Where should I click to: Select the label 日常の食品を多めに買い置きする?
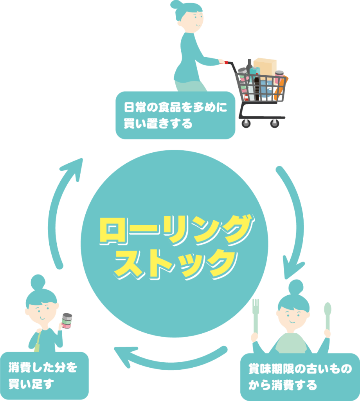pyautogui.click(x=175, y=116)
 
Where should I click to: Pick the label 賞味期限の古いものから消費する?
pyautogui.click(x=300, y=377)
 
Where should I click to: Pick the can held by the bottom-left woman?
pyautogui.click(x=67, y=321)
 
